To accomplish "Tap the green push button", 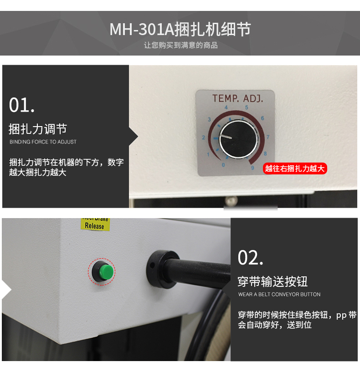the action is pyautogui.click(x=106, y=272).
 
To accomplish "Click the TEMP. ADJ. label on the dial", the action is pyautogui.click(x=237, y=98).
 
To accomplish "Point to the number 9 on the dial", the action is pyautogui.click(x=252, y=168).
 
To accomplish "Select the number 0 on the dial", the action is pyautogui.click(x=223, y=165).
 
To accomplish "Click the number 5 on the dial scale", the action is pyautogui.click(x=247, y=107).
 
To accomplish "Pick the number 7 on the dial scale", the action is pyautogui.click(x=268, y=137).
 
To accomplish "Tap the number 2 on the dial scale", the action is pyautogui.click(x=203, y=138).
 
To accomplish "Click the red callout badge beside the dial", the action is pyautogui.click(x=295, y=168).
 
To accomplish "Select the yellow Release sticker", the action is pyautogui.click(x=95, y=224).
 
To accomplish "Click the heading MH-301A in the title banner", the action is pyautogui.click(x=142, y=29).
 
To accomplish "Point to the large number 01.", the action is pyautogui.click(x=22, y=105).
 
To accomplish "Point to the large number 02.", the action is pyautogui.click(x=250, y=258).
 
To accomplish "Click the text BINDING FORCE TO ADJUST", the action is pyautogui.click(x=43, y=142).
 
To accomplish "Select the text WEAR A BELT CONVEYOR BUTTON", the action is pyautogui.click(x=279, y=295).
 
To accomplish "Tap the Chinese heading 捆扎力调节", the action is pyautogui.click(x=38, y=129).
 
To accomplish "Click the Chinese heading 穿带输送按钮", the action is pyautogui.click(x=273, y=281).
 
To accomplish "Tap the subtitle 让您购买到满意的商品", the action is pyautogui.click(x=181, y=45).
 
